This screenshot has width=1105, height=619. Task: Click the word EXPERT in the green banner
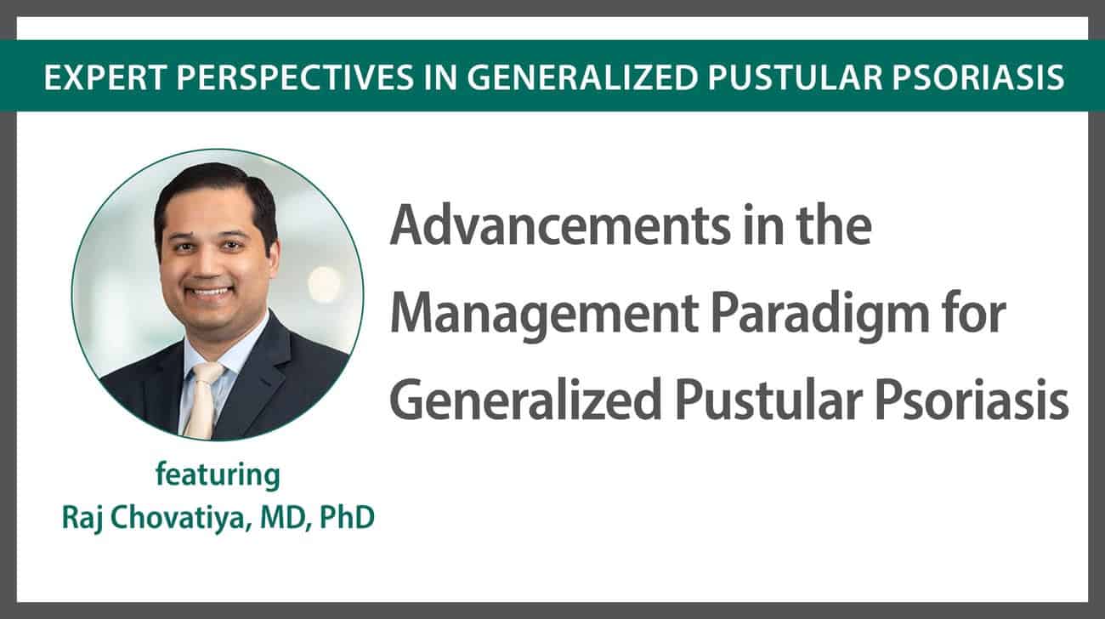tap(104, 77)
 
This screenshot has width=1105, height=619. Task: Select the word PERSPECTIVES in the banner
tap(295, 77)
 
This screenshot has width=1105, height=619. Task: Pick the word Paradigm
tap(820, 316)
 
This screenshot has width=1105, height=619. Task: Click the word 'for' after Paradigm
tap(974, 312)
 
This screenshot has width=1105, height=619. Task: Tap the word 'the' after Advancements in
tap(831, 226)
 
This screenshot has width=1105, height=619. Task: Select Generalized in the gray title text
tap(526, 400)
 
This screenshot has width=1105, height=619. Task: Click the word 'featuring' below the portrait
tap(218, 474)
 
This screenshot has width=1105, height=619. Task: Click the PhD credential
tap(347, 517)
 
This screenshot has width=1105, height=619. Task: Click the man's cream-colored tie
tap(202, 400)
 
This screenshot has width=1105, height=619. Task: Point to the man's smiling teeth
tap(211, 292)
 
